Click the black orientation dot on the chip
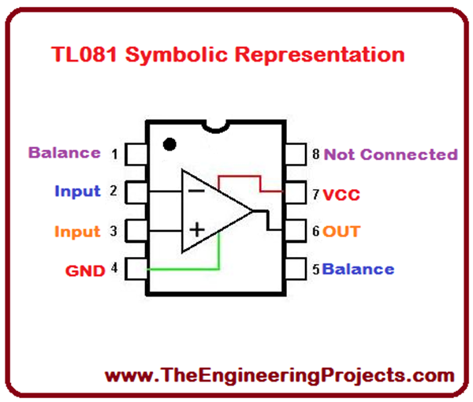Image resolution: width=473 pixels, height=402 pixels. point(168,144)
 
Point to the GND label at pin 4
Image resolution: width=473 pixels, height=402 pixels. point(85,270)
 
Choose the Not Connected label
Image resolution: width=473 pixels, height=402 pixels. point(390,154)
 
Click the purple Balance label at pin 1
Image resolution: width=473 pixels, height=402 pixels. point(65,153)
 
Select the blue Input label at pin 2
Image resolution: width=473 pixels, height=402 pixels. point(77,191)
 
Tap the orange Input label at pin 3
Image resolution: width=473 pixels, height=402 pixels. point(77,232)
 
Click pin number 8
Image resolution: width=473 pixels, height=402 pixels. point(316,154)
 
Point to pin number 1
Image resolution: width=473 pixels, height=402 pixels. point(115,154)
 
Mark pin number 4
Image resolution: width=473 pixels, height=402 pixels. point(115,269)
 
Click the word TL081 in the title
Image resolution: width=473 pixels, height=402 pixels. point(83,55)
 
